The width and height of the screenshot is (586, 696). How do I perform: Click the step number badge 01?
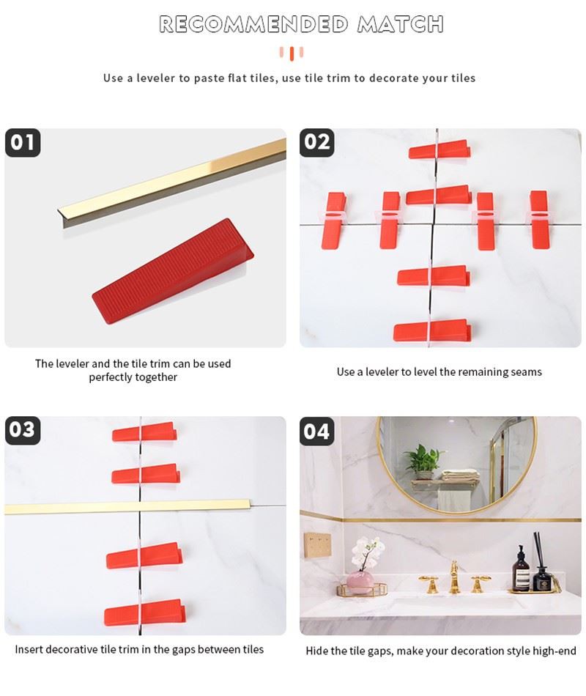[x=23, y=142]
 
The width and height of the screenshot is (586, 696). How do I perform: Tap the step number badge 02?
[x=317, y=142]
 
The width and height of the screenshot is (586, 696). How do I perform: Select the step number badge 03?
[x=23, y=430]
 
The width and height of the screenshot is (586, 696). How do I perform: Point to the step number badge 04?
[x=317, y=432]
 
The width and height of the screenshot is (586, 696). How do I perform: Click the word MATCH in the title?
[x=401, y=24]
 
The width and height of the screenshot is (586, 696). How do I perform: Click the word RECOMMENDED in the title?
[x=253, y=24]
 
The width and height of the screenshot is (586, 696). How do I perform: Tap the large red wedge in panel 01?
[x=173, y=271]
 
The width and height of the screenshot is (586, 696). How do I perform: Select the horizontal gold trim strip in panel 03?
[x=127, y=507]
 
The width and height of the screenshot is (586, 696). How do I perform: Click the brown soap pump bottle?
[x=522, y=569]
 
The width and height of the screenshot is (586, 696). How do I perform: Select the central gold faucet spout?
[x=453, y=577]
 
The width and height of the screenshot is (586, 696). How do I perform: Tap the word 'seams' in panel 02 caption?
[x=526, y=372]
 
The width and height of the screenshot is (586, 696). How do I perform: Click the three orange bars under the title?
[x=292, y=53]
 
